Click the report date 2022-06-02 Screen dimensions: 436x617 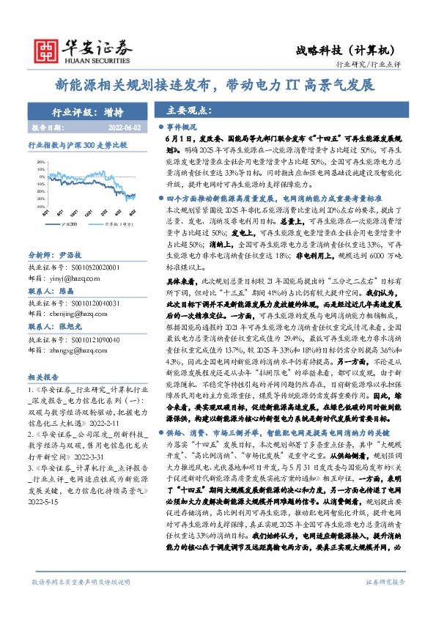[x=130, y=128]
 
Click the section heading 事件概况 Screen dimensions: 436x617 [x=183, y=126]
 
